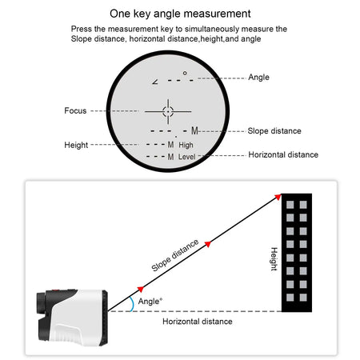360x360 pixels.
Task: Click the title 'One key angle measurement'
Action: (x=179, y=13)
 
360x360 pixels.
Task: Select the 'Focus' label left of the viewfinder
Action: (x=75, y=110)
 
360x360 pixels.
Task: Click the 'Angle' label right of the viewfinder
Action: (x=258, y=78)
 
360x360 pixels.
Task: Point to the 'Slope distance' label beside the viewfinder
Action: (x=274, y=130)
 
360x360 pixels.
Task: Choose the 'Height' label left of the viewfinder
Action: (x=77, y=145)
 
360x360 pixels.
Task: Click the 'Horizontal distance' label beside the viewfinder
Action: (x=283, y=154)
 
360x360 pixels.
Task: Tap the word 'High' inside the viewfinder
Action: (x=186, y=145)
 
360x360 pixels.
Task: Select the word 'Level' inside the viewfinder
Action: (x=187, y=158)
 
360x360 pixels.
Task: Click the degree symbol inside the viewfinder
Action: (x=184, y=73)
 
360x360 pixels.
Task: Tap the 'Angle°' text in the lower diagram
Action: (x=150, y=302)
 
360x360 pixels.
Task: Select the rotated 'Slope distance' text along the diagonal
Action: (x=175, y=258)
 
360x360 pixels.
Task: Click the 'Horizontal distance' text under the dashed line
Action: (x=198, y=322)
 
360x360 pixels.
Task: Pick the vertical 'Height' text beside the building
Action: (x=273, y=258)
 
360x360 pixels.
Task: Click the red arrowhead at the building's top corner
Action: (x=277, y=197)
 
